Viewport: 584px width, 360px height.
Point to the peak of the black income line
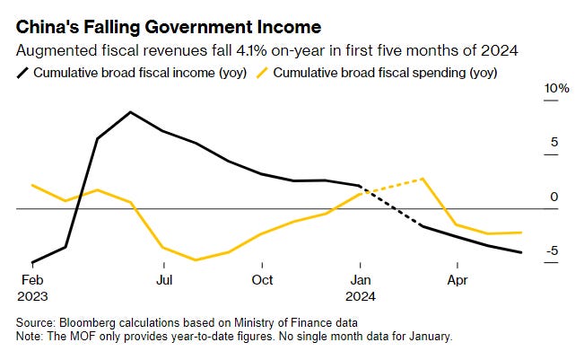[131, 112]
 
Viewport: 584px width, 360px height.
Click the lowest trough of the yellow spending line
[196, 260]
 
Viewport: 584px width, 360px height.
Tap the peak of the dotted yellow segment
[422, 178]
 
